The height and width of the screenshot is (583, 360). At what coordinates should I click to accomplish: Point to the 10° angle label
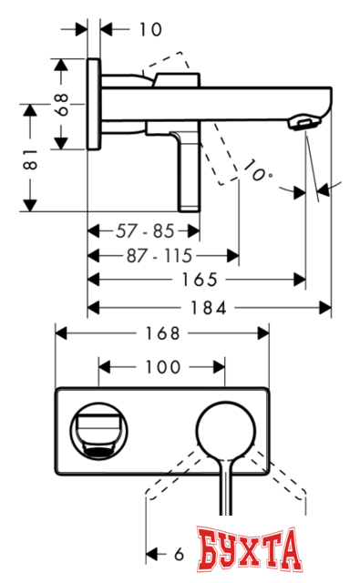tap(257, 171)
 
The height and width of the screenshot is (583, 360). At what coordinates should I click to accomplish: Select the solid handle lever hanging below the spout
tap(188, 169)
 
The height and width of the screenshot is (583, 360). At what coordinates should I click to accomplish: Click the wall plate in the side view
tap(94, 105)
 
